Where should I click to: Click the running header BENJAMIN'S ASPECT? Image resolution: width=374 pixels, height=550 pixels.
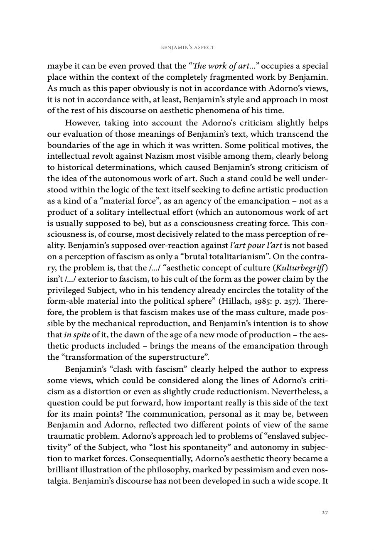click(187, 47)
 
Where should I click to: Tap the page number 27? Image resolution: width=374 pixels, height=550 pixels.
click(325, 512)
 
